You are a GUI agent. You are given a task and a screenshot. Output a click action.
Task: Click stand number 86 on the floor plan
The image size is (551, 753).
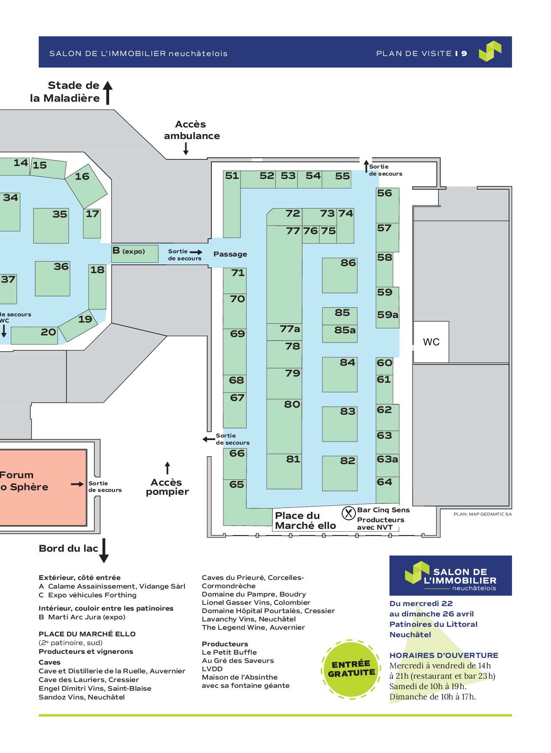point(340,275)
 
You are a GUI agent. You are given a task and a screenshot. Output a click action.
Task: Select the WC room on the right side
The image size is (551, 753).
point(431,342)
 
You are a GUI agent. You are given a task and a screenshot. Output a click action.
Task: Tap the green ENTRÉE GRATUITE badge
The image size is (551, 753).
point(351,669)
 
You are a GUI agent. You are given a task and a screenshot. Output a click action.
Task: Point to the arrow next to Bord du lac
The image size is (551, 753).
point(104,550)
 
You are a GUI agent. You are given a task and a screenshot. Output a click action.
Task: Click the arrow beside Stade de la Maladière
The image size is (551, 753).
point(108,92)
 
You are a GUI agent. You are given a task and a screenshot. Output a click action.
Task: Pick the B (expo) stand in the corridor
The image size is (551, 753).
point(135,253)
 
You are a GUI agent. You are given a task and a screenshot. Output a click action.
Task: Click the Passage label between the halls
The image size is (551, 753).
point(230,254)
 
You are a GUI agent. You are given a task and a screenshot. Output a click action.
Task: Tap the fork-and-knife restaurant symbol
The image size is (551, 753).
point(348,513)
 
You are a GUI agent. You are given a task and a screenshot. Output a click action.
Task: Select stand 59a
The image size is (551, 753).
point(387,315)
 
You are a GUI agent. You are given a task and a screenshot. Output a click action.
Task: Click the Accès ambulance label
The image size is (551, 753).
point(191,130)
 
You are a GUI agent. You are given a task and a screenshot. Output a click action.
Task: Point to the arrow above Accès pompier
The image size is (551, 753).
point(167,468)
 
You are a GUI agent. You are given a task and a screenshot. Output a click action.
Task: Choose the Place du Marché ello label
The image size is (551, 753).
point(305,521)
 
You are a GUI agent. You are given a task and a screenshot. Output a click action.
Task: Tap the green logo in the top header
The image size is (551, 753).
point(490,51)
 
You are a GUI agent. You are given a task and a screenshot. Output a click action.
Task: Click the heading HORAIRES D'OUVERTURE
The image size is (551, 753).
point(443,655)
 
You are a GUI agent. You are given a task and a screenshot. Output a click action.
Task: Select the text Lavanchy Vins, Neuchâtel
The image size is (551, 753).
point(249,619)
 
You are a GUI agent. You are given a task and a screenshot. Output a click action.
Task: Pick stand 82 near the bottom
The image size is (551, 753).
point(340,473)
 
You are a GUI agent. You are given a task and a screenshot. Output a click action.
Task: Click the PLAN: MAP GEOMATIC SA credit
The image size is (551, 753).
point(482,514)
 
